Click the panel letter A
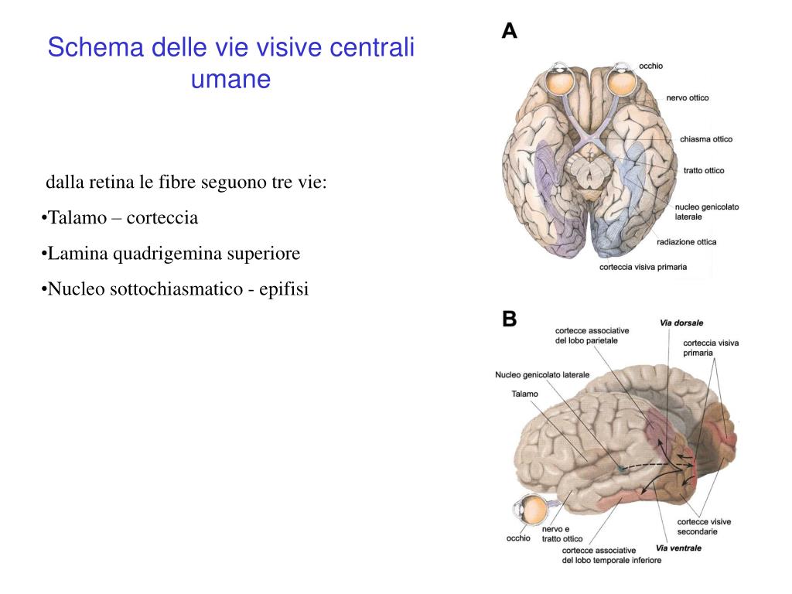[x=510, y=31]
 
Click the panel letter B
[x=510, y=319]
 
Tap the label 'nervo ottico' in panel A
[x=687, y=98]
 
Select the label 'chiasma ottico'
[x=706, y=139]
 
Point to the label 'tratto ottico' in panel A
[x=704, y=170]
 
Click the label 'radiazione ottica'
[x=686, y=242]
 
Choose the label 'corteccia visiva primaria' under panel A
[x=643, y=268]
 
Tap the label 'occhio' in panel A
[x=650, y=67]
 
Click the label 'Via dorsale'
[x=681, y=323]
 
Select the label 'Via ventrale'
[x=678, y=548]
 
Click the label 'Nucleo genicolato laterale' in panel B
[x=542, y=375]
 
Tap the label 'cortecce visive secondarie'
[x=704, y=527]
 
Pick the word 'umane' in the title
[x=230, y=79]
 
